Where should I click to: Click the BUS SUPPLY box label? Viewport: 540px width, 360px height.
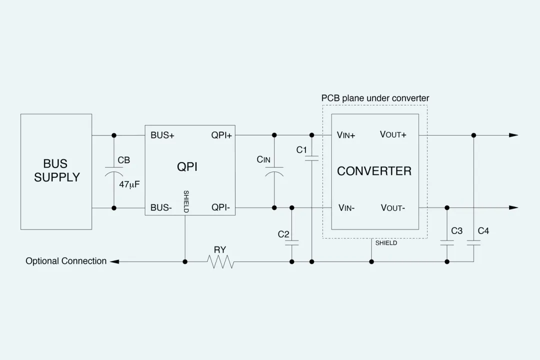point(56,171)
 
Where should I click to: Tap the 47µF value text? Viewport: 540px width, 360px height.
point(129,184)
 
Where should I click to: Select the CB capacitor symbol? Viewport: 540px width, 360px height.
point(114,171)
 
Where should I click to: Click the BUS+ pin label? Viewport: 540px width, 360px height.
point(162,135)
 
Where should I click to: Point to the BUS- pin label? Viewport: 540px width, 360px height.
point(161,208)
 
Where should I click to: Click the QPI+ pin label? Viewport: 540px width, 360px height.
point(221,135)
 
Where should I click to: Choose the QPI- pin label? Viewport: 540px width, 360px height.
point(220,208)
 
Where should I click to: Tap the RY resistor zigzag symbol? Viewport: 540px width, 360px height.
point(220,261)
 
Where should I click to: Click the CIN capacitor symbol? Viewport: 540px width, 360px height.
point(274,171)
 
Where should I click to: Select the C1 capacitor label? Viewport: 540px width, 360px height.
point(301,150)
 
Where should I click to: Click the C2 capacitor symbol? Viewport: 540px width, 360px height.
point(291,243)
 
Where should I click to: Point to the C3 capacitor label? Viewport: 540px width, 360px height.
point(456,231)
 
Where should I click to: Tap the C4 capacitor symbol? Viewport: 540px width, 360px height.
point(473,243)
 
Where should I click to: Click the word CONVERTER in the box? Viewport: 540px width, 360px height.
point(374,171)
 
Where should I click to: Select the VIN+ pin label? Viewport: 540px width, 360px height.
point(346,135)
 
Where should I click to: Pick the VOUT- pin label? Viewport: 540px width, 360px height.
point(393,208)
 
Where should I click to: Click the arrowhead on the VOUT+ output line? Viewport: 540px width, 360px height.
point(513,135)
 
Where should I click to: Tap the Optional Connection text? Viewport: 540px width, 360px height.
point(66,261)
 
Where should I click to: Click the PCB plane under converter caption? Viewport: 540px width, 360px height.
point(374,98)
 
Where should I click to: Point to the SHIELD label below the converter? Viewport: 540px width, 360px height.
point(386,243)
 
